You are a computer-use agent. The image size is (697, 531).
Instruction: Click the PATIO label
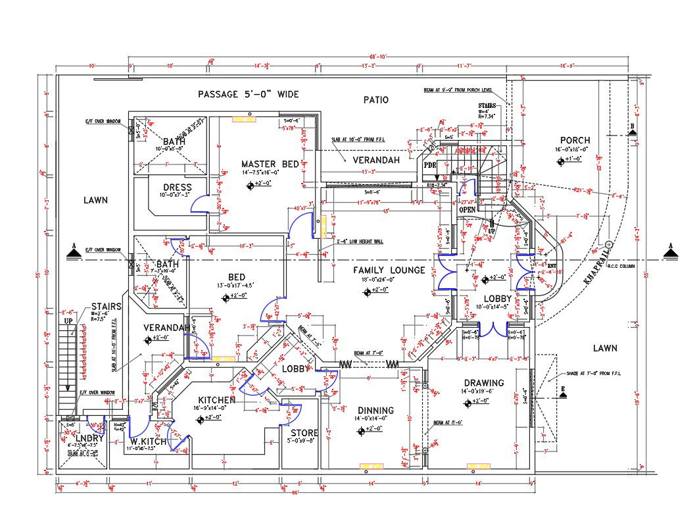[376, 100]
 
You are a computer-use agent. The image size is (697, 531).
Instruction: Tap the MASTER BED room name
[270, 164]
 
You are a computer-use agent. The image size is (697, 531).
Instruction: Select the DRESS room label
[178, 188]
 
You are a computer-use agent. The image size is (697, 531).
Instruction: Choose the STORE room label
[304, 433]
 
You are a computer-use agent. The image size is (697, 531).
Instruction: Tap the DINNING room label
[375, 410]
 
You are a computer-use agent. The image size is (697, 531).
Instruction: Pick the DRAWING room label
[483, 383]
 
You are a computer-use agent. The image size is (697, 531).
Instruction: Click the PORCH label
[575, 140]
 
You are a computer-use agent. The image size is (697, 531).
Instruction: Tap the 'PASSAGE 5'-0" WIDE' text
[249, 95]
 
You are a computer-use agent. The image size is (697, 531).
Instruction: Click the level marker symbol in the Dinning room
[361, 432]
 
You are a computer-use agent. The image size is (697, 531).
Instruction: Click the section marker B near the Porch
[632, 130]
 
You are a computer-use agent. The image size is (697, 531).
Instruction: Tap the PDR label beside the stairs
[430, 164]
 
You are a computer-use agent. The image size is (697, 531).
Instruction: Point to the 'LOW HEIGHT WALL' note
[360, 241]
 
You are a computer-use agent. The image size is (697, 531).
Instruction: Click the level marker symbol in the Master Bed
[251, 186]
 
